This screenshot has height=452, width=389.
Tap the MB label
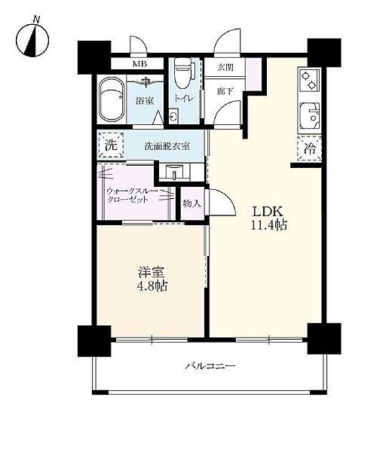point(139,64)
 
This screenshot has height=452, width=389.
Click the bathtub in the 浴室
point(112,100)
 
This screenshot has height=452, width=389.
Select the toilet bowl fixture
point(183,73)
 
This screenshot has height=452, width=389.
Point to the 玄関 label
point(225,67)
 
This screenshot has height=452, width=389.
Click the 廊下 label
point(225,91)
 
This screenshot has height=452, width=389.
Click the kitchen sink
point(310,116)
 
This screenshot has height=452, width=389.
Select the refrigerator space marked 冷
point(309,148)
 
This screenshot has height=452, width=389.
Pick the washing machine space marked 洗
point(111,145)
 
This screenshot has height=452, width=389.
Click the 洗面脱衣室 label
point(167,146)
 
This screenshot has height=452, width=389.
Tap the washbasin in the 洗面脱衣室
point(174,172)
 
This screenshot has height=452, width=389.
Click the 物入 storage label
point(191,204)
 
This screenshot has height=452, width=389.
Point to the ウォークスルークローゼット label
point(132,195)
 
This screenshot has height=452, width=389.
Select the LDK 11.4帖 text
point(268,218)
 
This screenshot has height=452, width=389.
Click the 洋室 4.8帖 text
point(152,279)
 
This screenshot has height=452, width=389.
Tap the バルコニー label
point(210,366)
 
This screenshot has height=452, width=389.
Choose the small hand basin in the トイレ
point(173,116)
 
